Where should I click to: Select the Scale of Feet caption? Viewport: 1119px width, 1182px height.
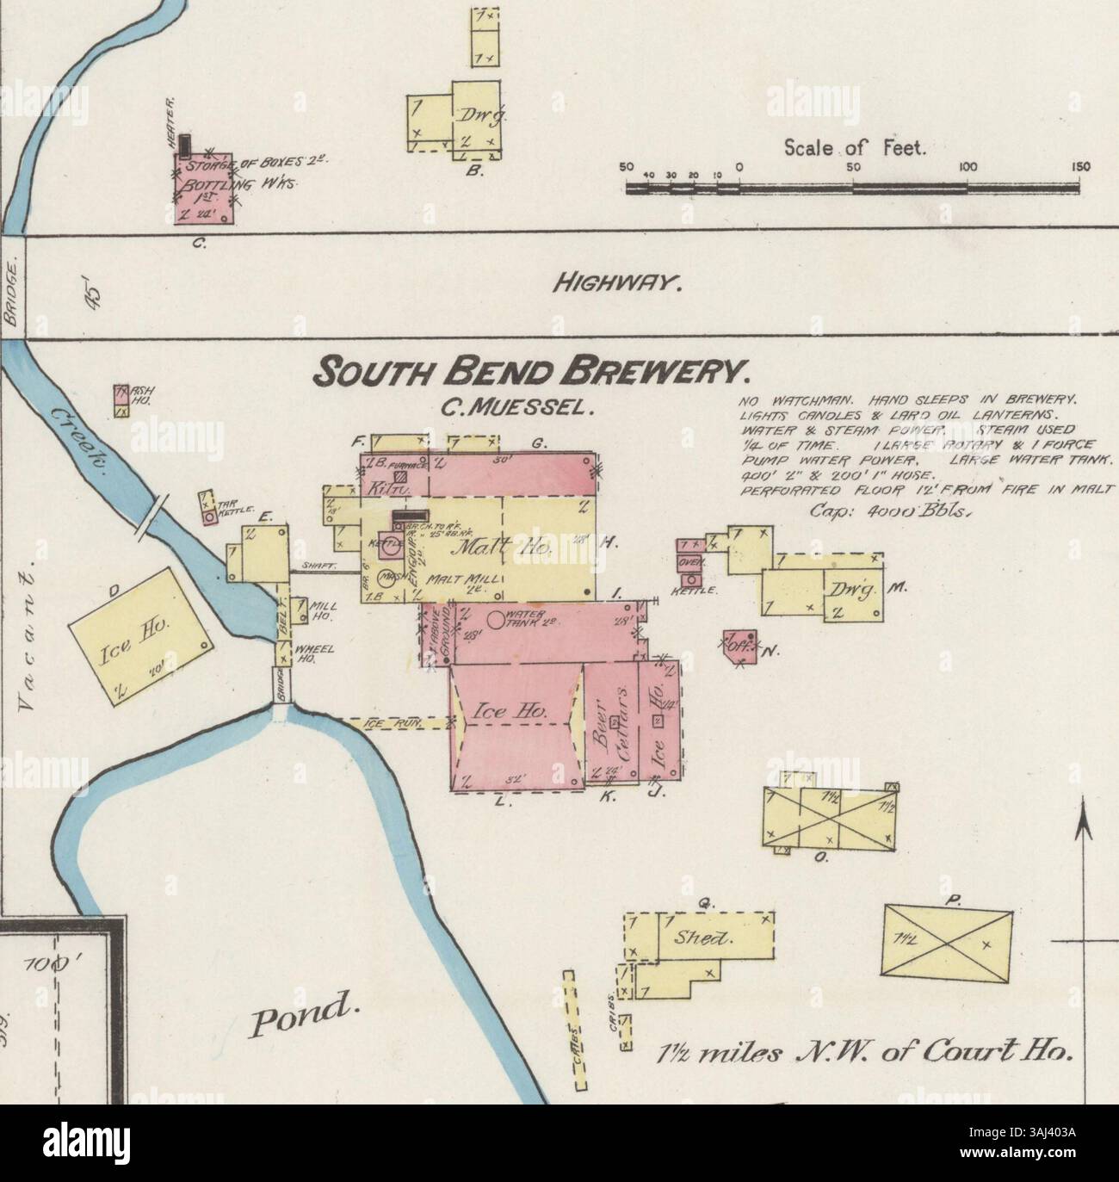[854, 149]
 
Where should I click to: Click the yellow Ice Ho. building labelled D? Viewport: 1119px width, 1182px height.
[141, 638]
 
